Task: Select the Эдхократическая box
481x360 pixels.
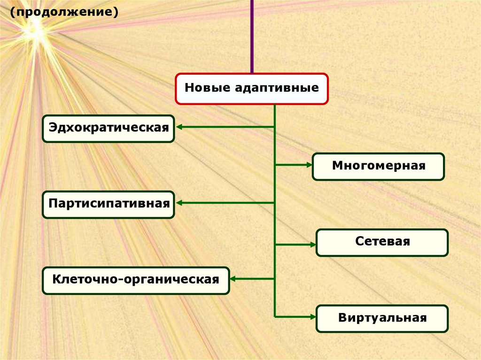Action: tap(109, 128)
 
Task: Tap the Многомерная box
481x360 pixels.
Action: tap(378, 166)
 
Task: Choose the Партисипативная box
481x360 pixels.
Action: tap(109, 204)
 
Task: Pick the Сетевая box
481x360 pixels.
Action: tap(382, 242)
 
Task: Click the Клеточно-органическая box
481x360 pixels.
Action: tap(136, 280)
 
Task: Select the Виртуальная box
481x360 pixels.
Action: tap(382, 318)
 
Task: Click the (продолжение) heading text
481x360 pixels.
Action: tap(62, 11)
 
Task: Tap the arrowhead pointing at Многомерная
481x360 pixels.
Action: tap(308, 165)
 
